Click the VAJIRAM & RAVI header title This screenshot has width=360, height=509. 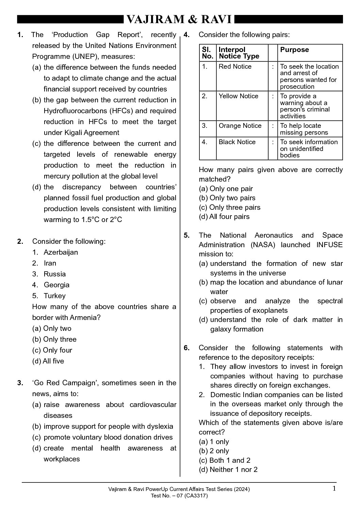click(x=179, y=20)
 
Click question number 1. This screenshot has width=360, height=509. click(x=20, y=35)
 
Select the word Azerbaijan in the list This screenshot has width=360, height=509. click(x=61, y=252)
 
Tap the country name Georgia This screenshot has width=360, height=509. click(x=56, y=285)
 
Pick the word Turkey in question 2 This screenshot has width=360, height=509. click(x=54, y=296)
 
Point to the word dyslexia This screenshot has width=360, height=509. click(x=160, y=426)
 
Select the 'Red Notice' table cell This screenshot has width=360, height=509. click(x=235, y=67)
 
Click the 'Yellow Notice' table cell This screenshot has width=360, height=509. click(x=238, y=96)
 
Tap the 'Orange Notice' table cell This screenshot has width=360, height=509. click(x=240, y=126)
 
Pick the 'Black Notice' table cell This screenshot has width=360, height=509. click(x=237, y=142)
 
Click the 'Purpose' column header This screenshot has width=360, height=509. click(x=294, y=50)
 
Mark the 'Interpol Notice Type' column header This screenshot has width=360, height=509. click(x=239, y=53)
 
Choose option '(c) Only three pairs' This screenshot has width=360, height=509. click(x=230, y=207)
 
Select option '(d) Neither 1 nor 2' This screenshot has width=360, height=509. click(x=228, y=470)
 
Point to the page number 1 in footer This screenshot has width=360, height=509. click(x=334, y=489)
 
